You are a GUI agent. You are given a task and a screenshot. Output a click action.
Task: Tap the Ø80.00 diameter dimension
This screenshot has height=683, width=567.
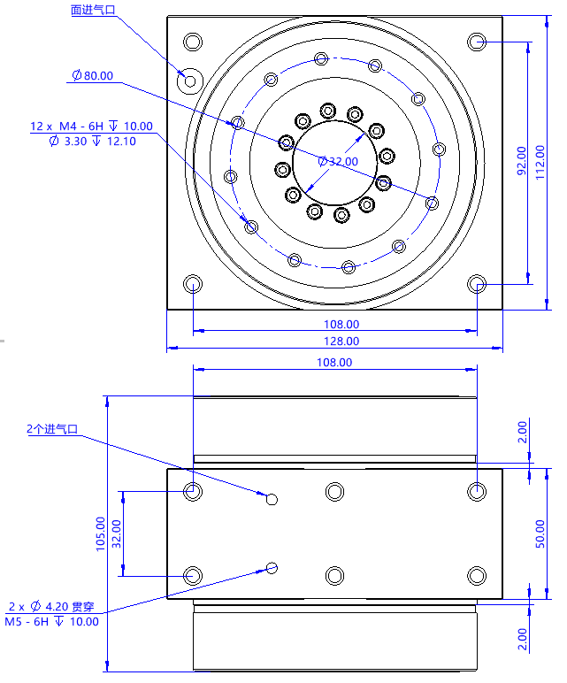(93, 75)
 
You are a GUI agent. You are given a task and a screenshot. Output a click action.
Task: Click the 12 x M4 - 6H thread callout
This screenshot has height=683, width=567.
(91, 126)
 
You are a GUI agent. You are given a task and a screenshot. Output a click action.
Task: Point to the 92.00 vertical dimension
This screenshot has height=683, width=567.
(521, 161)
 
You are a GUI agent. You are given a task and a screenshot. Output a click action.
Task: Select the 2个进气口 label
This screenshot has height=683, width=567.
(52, 429)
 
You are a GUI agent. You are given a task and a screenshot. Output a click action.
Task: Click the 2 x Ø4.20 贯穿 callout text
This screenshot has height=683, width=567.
(50, 607)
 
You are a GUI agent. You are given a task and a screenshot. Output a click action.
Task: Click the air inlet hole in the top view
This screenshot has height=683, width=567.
(189, 80)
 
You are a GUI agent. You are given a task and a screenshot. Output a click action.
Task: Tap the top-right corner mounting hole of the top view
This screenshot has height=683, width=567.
(477, 42)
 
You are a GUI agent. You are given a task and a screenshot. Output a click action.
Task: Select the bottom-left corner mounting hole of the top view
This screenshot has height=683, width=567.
(193, 283)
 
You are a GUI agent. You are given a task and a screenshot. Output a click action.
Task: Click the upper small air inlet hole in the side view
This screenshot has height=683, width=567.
(272, 499)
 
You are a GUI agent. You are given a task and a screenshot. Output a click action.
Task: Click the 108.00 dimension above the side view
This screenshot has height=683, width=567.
(333, 362)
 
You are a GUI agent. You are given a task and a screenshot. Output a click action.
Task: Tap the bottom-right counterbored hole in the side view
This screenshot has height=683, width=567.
(477, 575)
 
